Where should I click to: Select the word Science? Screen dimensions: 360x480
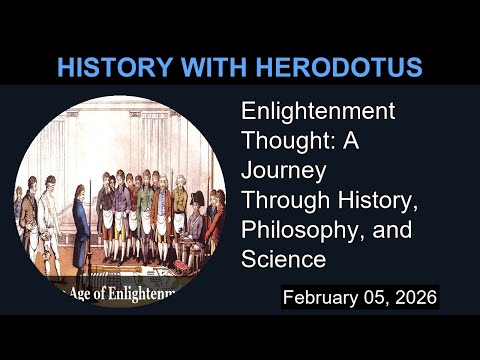(x=284, y=260)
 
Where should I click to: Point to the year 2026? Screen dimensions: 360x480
(x=412, y=298)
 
